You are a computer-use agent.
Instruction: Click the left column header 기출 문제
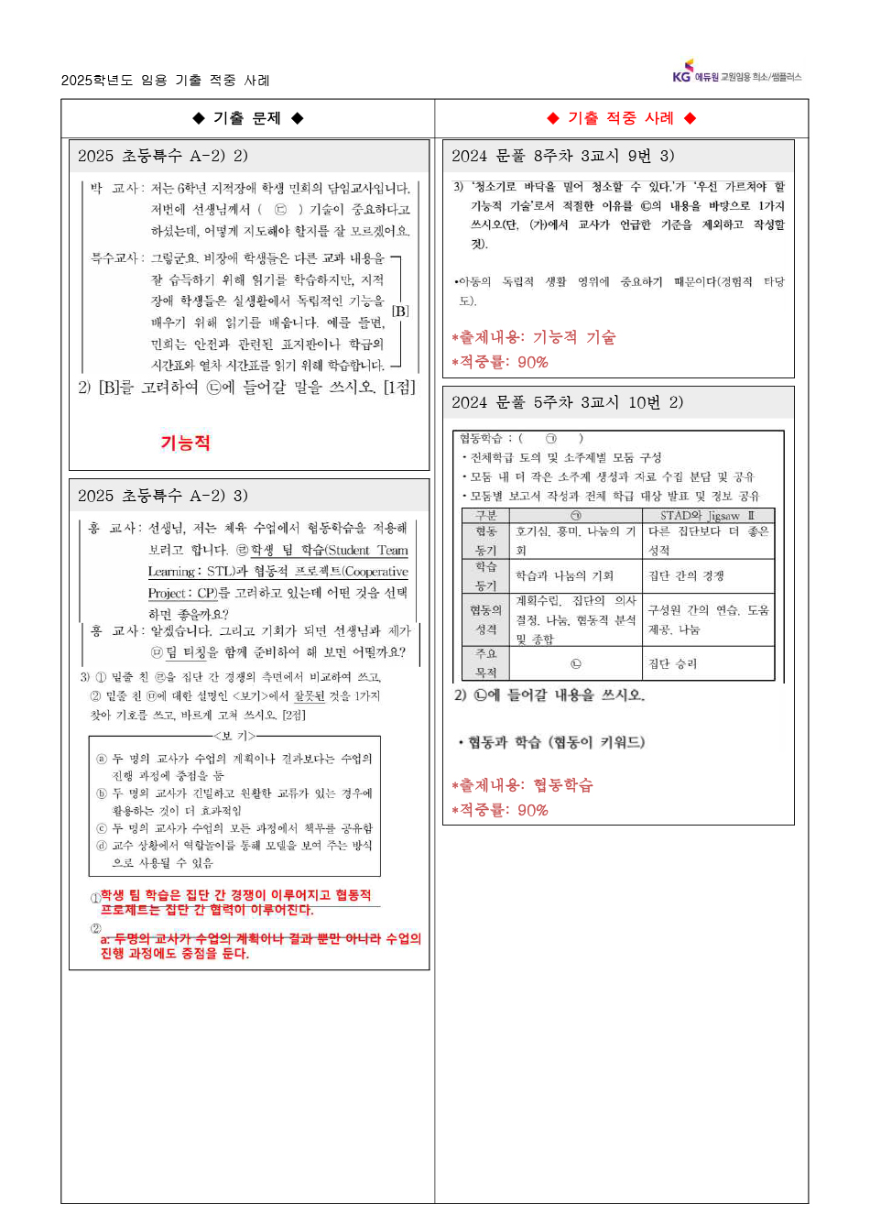click(247, 118)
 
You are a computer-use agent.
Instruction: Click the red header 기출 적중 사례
click(621, 118)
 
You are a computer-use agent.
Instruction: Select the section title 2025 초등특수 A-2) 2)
click(163, 156)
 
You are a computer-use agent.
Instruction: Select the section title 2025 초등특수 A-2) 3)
click(163, 496)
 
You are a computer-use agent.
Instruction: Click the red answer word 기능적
click(186, 443)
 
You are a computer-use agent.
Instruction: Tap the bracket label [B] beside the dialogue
click(400, 312)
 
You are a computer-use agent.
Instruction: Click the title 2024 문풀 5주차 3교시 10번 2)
click(567, 402)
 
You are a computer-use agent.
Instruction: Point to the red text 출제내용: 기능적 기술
click(534, 337)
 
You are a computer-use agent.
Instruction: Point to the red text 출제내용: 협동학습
click(523, 785)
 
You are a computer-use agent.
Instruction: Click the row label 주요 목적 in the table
click(485, 662)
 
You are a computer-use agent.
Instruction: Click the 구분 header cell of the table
click(485, 516)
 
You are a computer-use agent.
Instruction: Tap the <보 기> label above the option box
click(234, 735)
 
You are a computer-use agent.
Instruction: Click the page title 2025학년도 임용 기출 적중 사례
click(166, 81)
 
